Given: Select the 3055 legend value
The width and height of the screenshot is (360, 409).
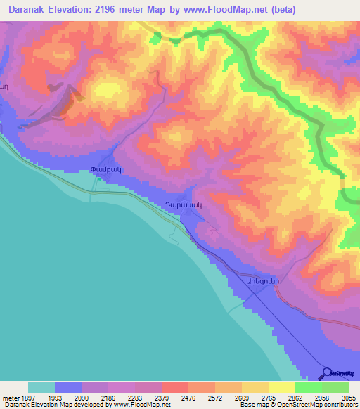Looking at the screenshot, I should point(347,398).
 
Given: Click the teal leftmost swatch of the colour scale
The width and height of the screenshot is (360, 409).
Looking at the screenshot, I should point(41,387).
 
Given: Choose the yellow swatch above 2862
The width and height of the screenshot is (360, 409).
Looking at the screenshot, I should point(281,387).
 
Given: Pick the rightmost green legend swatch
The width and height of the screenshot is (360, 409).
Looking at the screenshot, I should point(335,387).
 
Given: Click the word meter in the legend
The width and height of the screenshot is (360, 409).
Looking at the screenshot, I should point(9,398).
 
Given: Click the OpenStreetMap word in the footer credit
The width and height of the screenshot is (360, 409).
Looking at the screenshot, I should point(304,405).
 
